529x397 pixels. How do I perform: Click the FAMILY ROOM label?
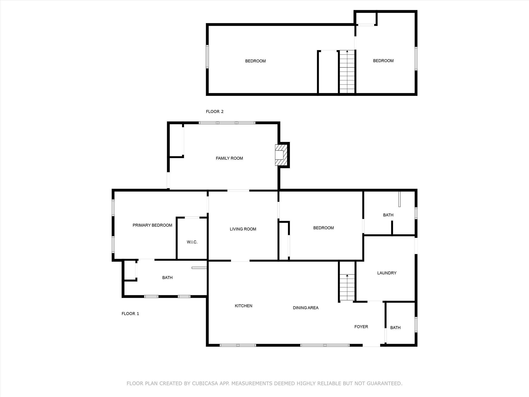coord(229,158)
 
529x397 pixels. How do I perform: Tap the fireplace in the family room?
coord(281,155)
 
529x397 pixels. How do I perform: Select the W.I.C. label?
coord(192,242)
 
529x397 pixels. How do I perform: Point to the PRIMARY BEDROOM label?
coord(152,225)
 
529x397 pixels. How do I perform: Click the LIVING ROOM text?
coord(243,229)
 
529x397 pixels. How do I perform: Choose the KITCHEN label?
coord(244,306)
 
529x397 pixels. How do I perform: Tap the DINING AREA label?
coord(306,308)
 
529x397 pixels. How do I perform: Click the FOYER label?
coord(361,327)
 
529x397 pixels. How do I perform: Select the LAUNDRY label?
coord(387,273)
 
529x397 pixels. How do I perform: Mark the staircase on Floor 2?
coord(347,72)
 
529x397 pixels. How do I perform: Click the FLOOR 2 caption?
coord(215,112)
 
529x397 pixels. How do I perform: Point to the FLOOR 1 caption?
coord(130,314)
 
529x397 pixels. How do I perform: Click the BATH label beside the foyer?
coord(395,328)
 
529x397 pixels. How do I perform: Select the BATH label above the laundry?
coord(388,215)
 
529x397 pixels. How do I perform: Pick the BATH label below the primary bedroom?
coord(167,278)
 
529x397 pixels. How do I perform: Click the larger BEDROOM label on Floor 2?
coord(255,61)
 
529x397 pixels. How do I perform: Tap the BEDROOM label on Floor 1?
coord(323,228)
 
